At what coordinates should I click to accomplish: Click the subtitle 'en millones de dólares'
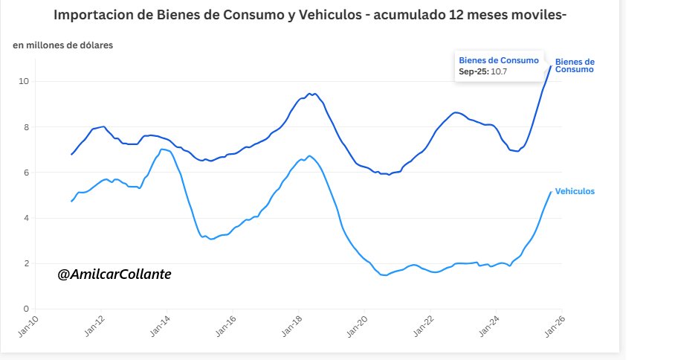pos(62,46)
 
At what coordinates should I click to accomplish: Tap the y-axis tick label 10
pos(25,81)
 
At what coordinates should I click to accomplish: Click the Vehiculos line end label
pos(575,191)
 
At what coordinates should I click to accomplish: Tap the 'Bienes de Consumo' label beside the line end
pos(575,65)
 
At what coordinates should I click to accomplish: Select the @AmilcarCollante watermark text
pos(114,274)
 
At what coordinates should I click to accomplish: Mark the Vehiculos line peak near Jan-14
pos(163,150)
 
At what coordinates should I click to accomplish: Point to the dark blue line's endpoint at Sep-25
pos(551,66)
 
